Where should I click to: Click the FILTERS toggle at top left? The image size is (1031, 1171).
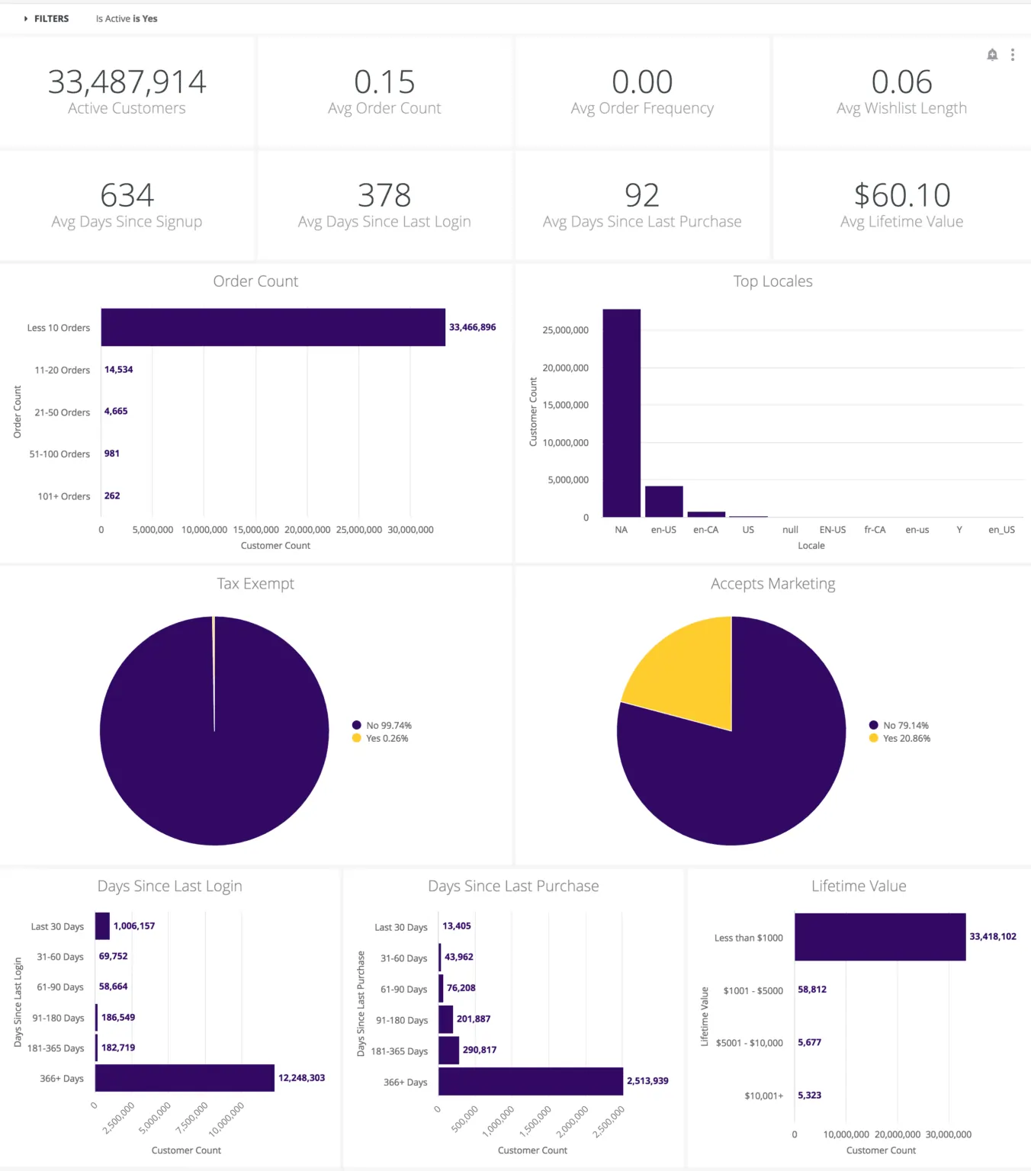point(47,18)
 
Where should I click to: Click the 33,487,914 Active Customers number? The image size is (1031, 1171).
point(127,82)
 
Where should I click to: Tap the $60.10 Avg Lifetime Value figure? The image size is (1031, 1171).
point(901,196)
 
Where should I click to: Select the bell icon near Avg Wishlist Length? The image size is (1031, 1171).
point(992,55)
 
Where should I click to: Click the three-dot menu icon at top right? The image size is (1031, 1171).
point(1013,55)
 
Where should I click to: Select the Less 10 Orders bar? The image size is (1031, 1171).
point(273,327)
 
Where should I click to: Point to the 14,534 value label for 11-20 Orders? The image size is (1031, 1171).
point(118,370)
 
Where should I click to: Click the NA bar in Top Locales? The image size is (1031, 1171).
point(621,412)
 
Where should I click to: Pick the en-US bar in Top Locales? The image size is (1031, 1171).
point(663,502)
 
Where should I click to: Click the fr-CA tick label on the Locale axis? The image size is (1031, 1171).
point(875,530)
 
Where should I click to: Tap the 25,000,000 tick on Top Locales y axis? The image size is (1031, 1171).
point(565,330)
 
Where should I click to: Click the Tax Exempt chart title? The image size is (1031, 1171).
point(255,584)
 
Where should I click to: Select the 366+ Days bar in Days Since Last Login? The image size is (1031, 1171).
point(185,1078)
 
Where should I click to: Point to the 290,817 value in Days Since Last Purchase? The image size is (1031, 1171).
point(479,1050)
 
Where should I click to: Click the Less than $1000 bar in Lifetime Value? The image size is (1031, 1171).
point(880,937)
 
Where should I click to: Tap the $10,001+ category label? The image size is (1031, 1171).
point(763,1096)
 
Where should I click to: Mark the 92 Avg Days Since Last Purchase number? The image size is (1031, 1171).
point(641,196)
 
